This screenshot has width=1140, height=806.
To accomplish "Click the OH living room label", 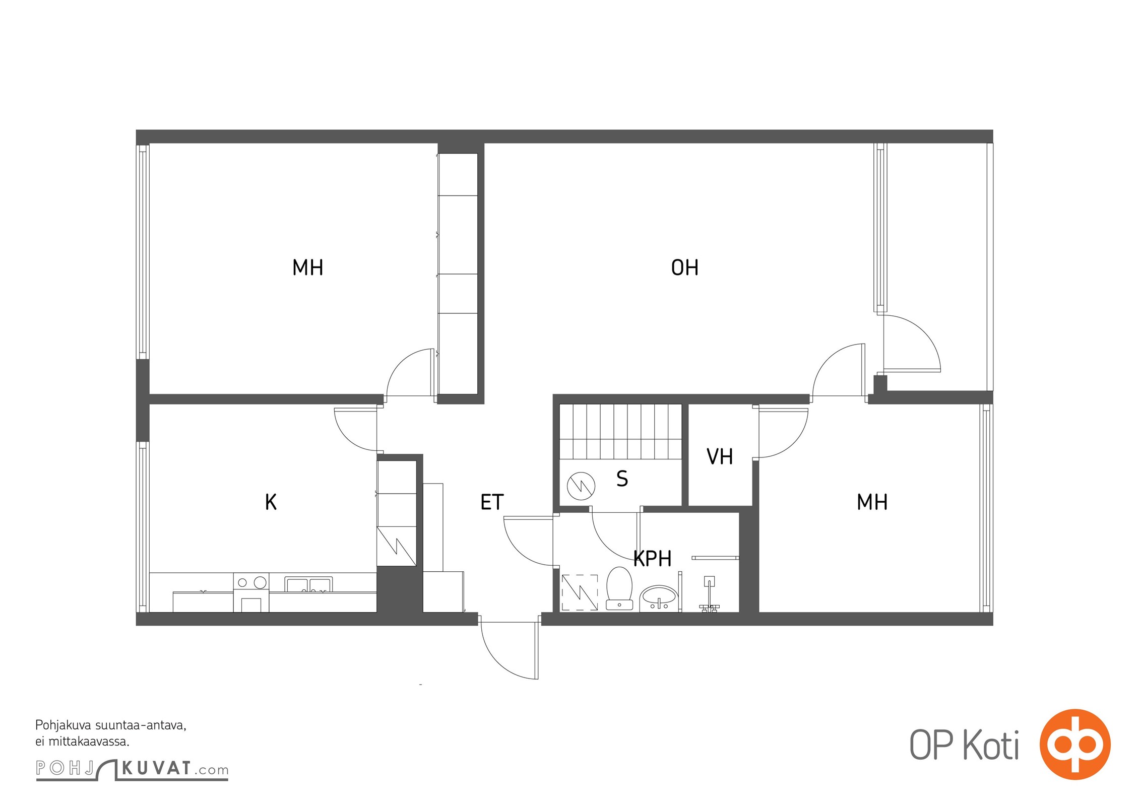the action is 684,267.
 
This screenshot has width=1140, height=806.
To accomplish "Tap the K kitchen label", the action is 271,502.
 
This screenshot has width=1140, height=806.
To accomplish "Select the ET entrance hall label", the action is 492,502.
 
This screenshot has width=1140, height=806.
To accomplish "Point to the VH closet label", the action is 720,457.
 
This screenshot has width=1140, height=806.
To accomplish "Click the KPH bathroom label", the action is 652,559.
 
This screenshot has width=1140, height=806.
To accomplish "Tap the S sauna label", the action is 622,479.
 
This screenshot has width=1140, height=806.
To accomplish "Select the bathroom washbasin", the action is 659,598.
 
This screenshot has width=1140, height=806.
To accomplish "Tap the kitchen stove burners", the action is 251,583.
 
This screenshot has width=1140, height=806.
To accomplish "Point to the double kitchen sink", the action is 308,584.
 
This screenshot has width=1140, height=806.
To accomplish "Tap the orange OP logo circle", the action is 1075,744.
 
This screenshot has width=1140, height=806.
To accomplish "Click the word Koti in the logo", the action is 991,745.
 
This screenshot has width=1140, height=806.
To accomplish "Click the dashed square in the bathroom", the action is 580,592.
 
